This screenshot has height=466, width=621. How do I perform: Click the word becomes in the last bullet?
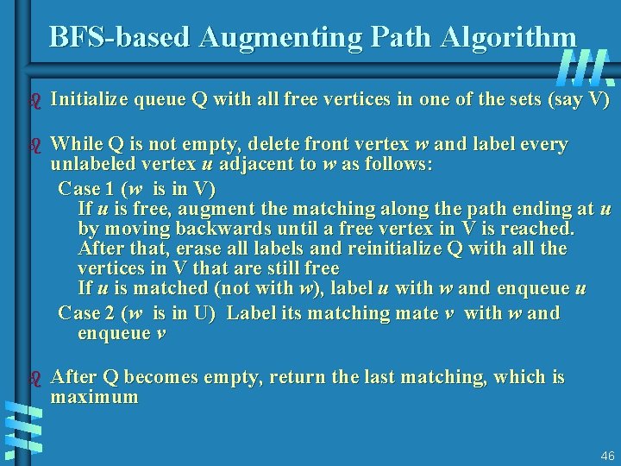pos(166,377)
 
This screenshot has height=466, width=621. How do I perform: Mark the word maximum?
pos(95,398)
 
